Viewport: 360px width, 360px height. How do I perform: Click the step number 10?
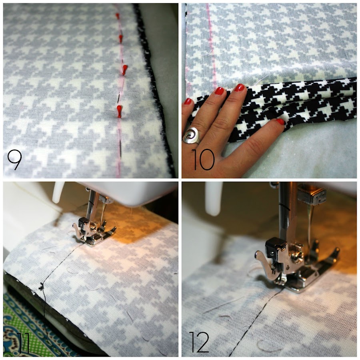[203, 160]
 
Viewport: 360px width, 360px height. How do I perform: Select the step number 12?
[199, 342]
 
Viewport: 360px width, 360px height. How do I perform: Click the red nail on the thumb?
[280, 122]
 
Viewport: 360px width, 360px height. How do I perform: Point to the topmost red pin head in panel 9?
[117, 16]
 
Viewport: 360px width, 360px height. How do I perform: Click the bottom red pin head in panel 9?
[119, 111]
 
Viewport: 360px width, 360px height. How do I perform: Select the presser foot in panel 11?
[94, 232]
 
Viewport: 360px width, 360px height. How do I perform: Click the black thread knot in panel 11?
[42, 286]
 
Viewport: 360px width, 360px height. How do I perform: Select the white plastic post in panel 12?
[214, 199]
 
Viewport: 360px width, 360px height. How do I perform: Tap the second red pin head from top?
[120, 38]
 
